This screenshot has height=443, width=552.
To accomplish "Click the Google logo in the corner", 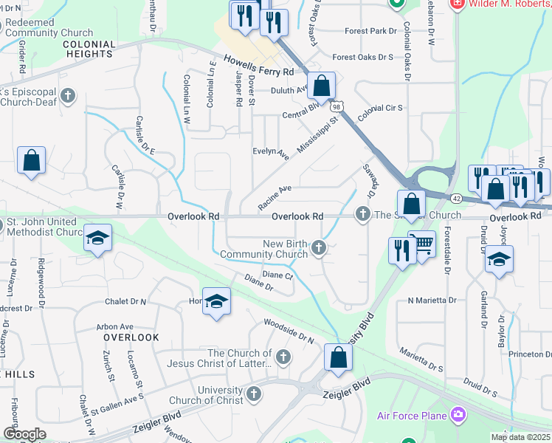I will (25, 434).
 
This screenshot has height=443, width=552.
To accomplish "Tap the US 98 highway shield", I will (337, 107).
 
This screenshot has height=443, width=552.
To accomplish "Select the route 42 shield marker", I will (457, 199).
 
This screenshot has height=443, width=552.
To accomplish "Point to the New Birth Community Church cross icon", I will (319, 247).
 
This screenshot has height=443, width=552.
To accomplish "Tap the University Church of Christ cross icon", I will (255, 393).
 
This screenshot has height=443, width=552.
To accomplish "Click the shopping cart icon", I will (421, 244).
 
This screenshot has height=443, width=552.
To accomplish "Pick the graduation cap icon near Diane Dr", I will (216, 301).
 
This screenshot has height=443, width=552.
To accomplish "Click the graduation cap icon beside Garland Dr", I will (500, 258).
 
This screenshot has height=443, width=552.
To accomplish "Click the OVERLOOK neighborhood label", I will (131, 337).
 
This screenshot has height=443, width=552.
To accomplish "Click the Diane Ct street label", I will (278, 275).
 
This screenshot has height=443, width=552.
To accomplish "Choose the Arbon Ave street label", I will (114, 326).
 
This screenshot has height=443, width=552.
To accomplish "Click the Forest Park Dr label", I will (372, 32).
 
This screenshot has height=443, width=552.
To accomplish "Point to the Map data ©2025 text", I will (520, 437).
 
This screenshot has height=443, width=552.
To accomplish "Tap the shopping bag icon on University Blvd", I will (338, 357).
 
